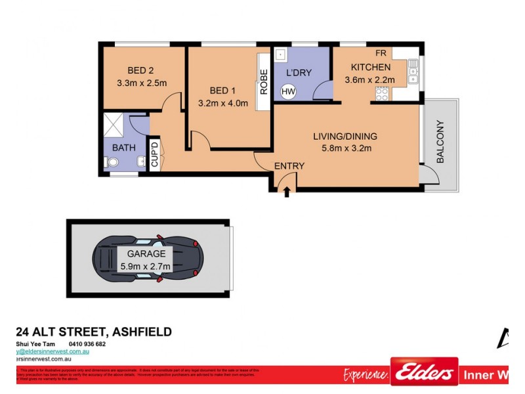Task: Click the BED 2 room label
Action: (x=140, y=71)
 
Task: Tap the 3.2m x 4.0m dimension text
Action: (x=222, y=103)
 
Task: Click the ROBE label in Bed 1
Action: (x=264, y=82)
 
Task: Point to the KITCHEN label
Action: (x=371, y=68)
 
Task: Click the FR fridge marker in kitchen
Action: (x=381, y=53)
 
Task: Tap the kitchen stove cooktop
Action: (x=382, y=93)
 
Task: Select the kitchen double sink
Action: (x=413, y=71)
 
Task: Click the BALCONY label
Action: (x=440, y=142)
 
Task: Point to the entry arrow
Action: (x=287, y=190)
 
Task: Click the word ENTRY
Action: (x=289, y=166)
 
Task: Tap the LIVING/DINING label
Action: (x=345, y=137)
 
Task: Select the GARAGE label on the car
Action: (x=146, y=253)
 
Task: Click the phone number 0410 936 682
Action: (x=87, y=344)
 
